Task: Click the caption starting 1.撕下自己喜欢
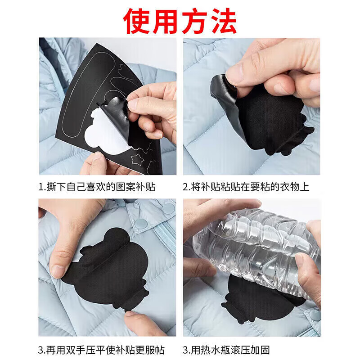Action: pyautogui.click(x=97, y=187)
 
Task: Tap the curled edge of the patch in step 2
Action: pyautogui.click(x=220, y=88)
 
